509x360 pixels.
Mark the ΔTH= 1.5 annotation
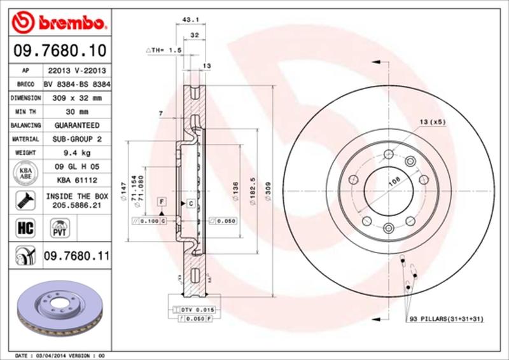coord(164,49)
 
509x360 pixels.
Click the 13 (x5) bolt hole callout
coord(431,121)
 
